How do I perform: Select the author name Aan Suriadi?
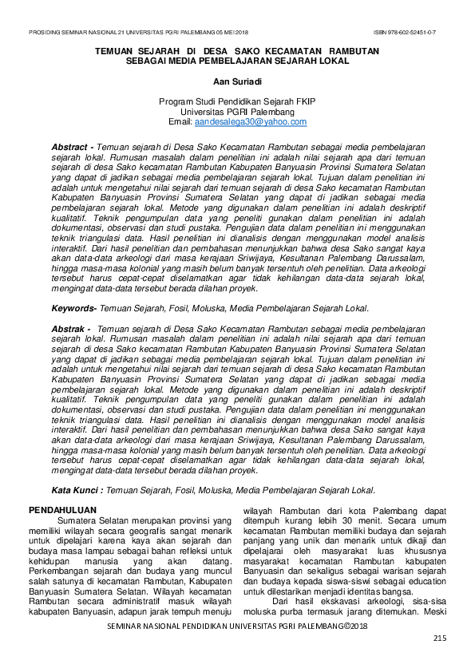(236, 81)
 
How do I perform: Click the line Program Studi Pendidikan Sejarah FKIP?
(237, 103)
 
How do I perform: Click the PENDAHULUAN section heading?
(62, 510)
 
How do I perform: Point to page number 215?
(439, 638)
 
